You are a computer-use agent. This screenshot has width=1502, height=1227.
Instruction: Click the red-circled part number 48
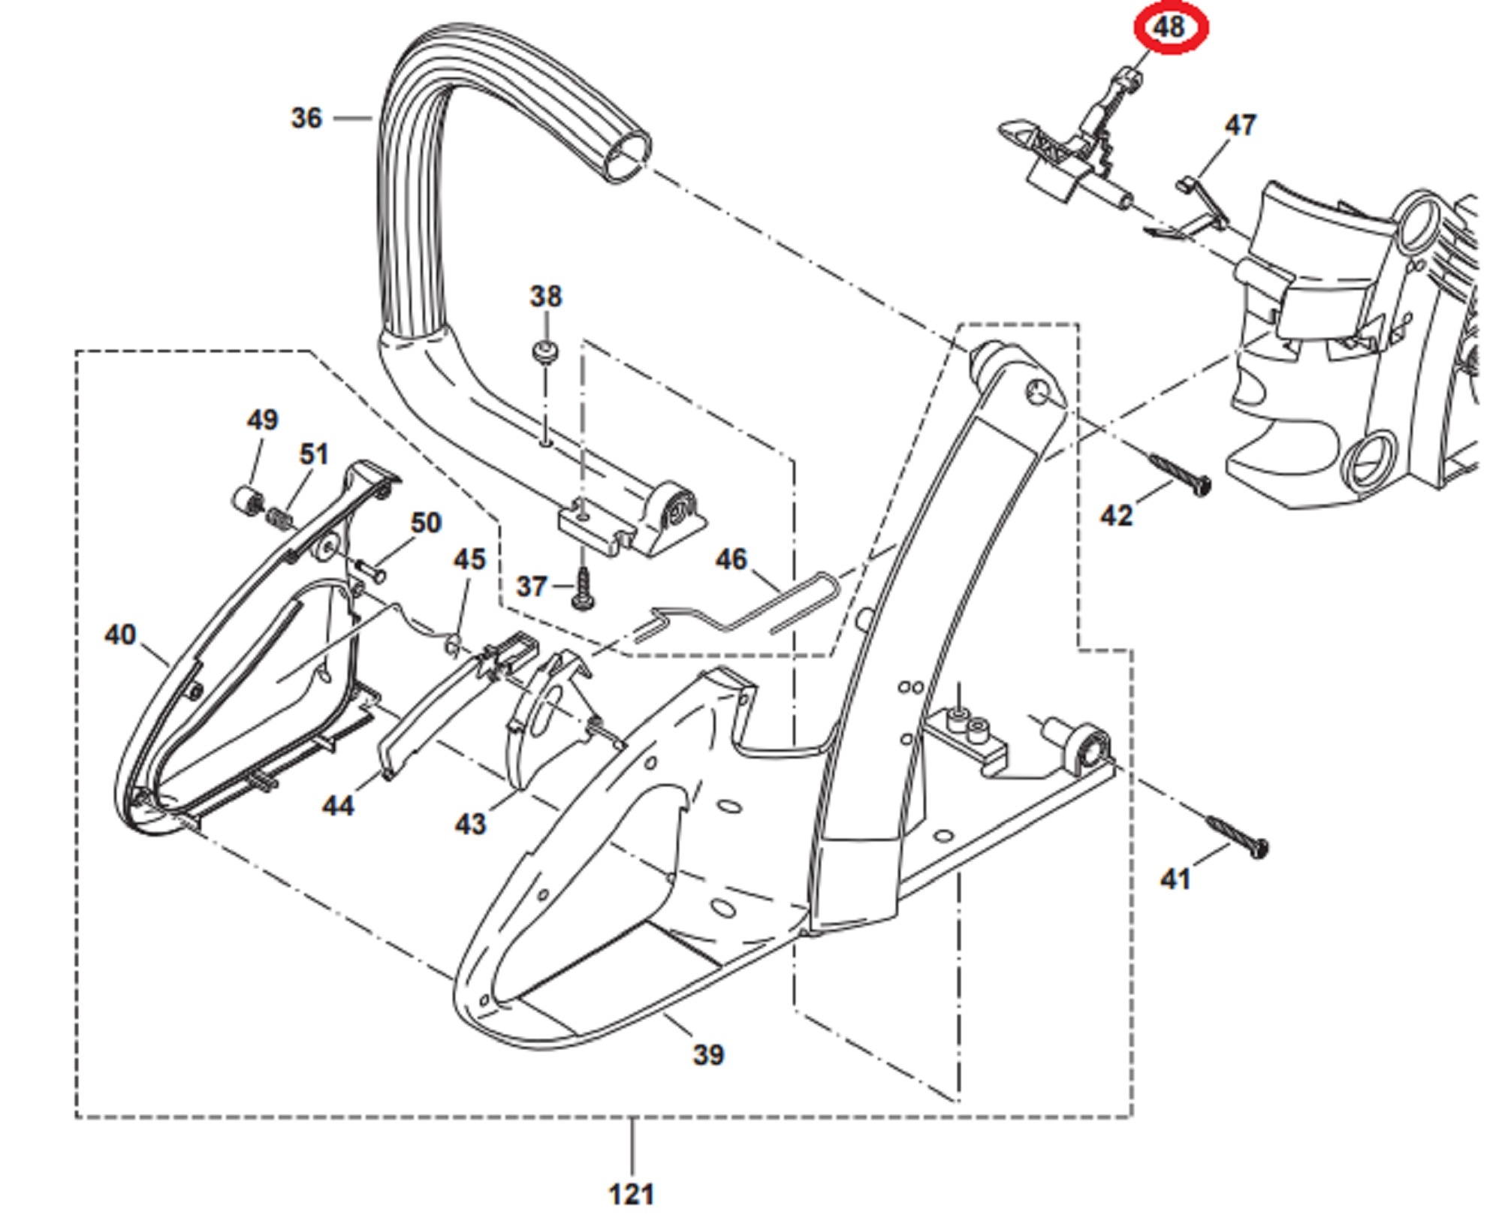pyautogui.click(x=1169, y=29)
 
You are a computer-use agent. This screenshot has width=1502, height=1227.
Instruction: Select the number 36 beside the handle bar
pyautogui.click(x=306, y=118)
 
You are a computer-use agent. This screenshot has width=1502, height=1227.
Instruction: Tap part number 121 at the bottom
pyautogui.click(x=631, y=1194)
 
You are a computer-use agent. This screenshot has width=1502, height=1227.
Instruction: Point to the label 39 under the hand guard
pyautogui.click(x=708, y=1055)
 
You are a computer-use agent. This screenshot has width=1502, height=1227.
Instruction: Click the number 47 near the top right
pyautogui.click(x=1240, y=125)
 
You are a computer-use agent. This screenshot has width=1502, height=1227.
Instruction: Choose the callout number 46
pyautogui.click(x=731, y=559)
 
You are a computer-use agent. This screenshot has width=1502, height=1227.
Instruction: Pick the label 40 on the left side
pyautogui.click(x=120, y=635)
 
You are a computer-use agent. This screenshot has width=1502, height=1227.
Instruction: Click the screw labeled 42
pyautogui.click(x=1179, y=474)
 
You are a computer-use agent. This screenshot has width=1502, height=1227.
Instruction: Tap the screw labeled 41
pyautogui.click(x=1237, y=837)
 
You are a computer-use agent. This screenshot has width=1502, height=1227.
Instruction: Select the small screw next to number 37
pyautogui.click(x=582, y=588)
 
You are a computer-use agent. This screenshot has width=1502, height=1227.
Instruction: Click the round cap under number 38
pyautogui.click(x=545, y=352)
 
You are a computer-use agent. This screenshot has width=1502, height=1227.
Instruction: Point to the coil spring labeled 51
pyautogui.click(x=279, y=517)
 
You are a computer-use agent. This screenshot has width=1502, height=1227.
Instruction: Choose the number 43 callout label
pyautogui.click(x=470, y=824)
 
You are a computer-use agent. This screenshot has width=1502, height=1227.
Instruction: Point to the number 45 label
pyautogui.click(x=469, y=559)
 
